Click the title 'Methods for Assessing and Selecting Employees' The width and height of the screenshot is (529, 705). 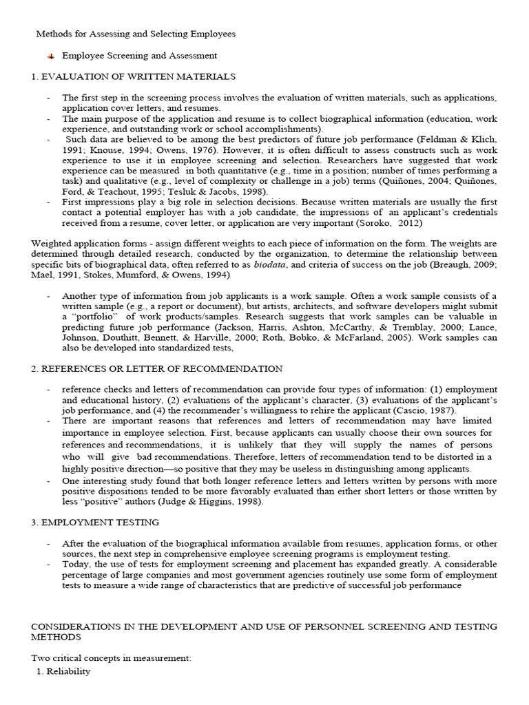coord(135,33)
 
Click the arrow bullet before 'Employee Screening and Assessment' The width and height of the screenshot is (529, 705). coord(51,55)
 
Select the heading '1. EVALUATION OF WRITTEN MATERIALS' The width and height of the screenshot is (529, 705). coord(133,76)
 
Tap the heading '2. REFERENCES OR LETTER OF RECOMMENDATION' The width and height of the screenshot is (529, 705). coord(156,369)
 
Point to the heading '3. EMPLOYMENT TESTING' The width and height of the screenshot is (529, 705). coord(95,523)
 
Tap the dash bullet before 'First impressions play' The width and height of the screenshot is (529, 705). coord(48,202)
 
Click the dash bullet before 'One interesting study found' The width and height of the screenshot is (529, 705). coord(48,481)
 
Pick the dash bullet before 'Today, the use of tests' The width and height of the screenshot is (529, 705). coord(48,564)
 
